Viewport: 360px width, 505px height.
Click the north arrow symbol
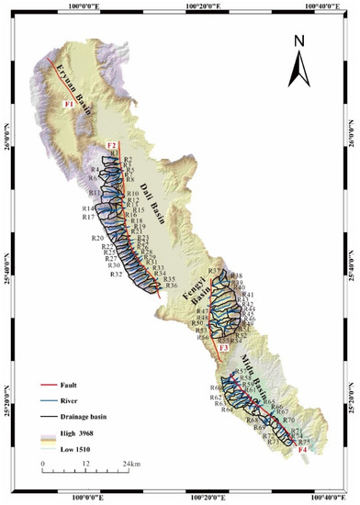299,69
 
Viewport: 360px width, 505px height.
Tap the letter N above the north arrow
299,41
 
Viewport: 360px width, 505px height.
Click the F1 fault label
68,105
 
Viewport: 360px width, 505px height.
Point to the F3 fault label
224,348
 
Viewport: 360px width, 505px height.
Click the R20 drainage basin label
97,239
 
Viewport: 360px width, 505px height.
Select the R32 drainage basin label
116,275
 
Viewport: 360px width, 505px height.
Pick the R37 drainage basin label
215,271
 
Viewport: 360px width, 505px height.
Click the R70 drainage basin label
287,420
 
